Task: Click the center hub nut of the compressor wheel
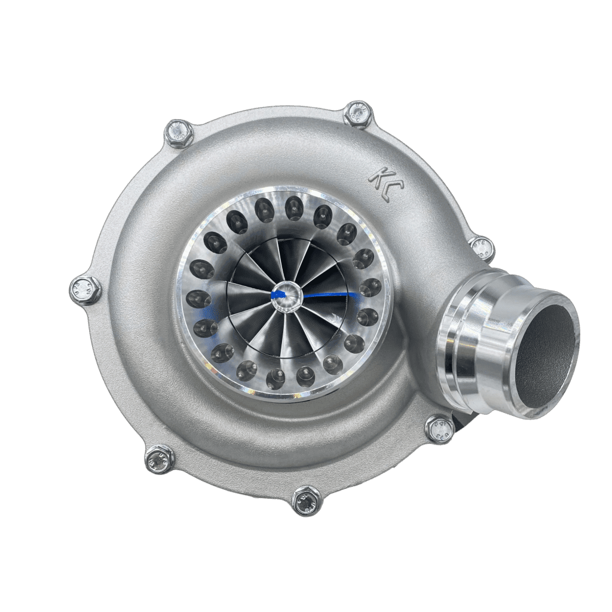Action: [287, 294]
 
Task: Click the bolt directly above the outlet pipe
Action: [481, 246]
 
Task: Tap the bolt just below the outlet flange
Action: [440, 428]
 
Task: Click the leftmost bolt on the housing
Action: [85, 289]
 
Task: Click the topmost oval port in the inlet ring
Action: [293, 207]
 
